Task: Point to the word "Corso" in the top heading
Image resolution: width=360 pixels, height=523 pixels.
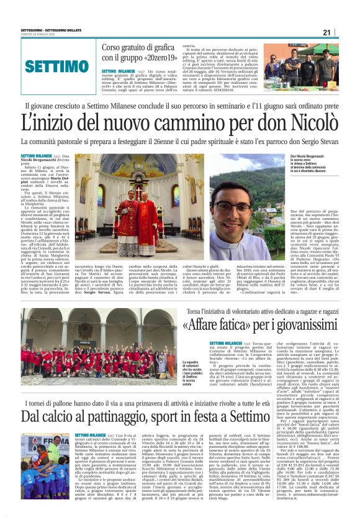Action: tap(114, 48)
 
